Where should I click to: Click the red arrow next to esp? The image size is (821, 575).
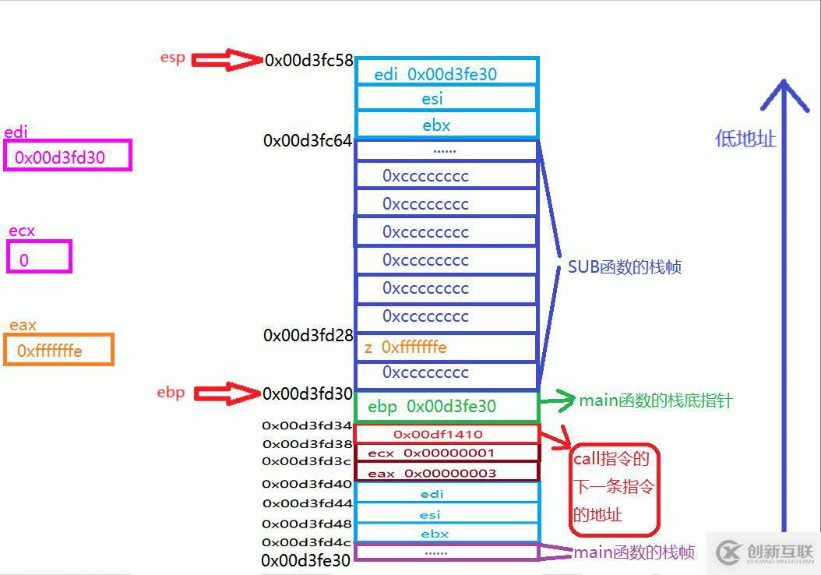(226, 60)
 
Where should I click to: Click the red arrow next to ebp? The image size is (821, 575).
(226, 393)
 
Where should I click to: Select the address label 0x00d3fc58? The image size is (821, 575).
(309, 60)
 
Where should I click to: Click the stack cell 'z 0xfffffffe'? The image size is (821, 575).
(446, 347)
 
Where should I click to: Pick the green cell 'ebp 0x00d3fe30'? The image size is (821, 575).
(446, 406)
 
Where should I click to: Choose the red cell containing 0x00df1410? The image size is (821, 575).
(446, 434)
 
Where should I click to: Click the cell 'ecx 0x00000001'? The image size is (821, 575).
(446, 453)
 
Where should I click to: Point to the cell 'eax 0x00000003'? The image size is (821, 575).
(446, 472)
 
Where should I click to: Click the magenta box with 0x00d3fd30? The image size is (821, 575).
(67, 156)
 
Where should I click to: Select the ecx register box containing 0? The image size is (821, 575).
(39, 257)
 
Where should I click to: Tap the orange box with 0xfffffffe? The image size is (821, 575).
(58, 350)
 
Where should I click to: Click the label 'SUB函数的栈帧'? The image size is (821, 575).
(624, 267)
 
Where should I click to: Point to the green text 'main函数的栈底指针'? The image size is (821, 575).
(655, 401)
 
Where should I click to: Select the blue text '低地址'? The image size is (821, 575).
(745, 139)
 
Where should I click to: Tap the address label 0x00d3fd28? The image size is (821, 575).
(308, 336)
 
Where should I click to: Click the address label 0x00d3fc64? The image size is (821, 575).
(308, 141)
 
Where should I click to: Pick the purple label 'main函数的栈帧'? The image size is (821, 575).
(633, 552)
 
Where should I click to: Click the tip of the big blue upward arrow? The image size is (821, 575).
(784, 83)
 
